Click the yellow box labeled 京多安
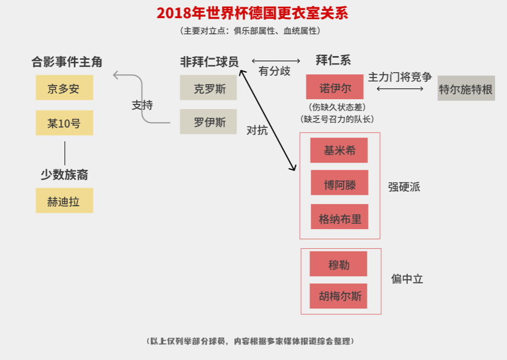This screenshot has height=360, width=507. tap(64, 88)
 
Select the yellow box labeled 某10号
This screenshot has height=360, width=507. tap(64, 123)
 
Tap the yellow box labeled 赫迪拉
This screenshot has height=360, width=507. tap(64, 201)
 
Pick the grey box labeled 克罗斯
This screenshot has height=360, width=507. tap(208, 88)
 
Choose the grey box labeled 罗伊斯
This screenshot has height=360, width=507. tap(208, 122)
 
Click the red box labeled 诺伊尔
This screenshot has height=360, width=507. tap(335, 87)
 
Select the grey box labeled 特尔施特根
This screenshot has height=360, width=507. tap(466, 88)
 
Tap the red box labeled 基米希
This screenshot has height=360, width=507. tap(339, 151)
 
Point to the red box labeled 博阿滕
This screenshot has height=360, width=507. tap(340, 183)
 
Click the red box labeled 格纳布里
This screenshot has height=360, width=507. tap(340, 217)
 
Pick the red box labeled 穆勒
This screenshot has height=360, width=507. tap(338, 264)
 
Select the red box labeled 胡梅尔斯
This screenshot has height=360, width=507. tap(338, 296)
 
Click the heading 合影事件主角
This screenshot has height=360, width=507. tap(67, 62)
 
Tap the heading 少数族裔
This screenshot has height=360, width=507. tap(64, 175)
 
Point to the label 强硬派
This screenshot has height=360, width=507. tap(404, 187)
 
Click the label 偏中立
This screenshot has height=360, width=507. tap(407, 279)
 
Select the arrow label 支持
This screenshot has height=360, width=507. tap(142, 105)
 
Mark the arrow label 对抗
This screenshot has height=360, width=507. tap(257, 130)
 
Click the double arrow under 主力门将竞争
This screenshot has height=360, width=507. tap(400, 89)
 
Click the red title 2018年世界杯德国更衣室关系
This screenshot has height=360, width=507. tap(252, 14)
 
